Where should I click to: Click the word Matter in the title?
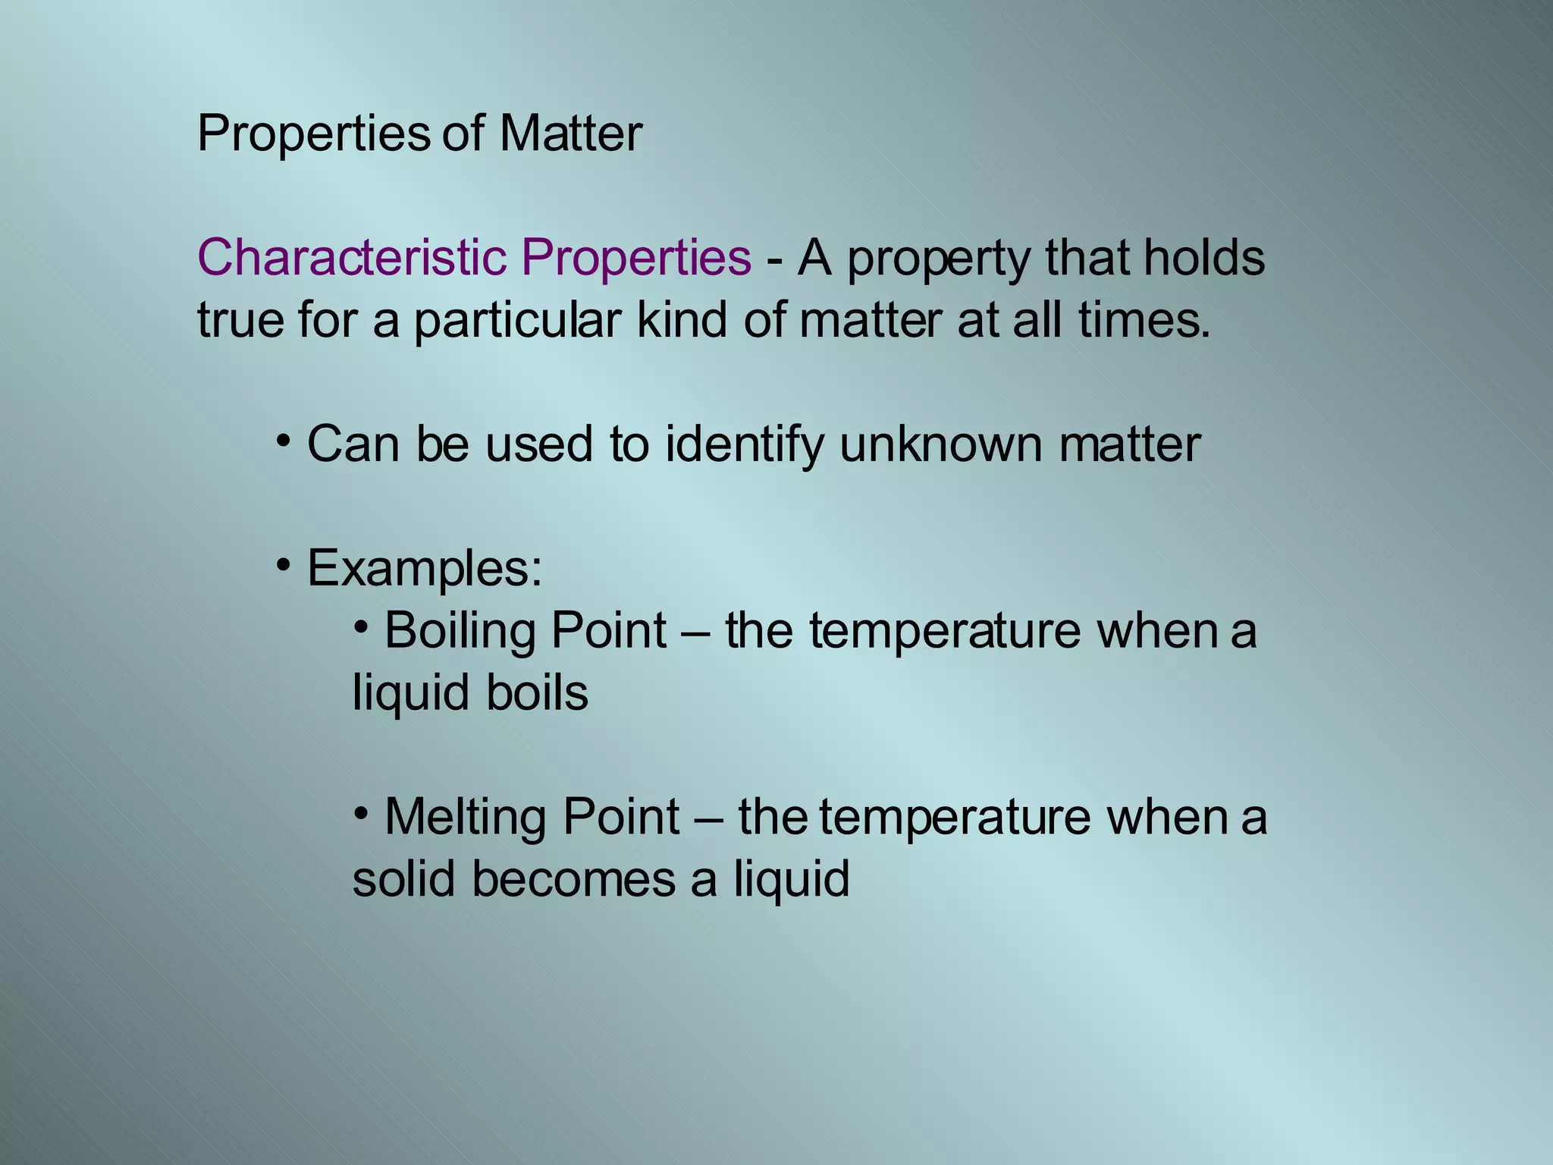(570, 134)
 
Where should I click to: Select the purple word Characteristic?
(351, 258)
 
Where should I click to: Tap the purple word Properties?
(636, 258)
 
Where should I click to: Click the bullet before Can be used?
(284, 440)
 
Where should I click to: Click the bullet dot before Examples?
(284, 564)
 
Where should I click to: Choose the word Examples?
(425, 569)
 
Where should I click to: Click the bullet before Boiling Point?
(362, 626)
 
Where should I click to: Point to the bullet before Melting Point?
(362, 813)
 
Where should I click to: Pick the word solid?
(403, 880)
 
